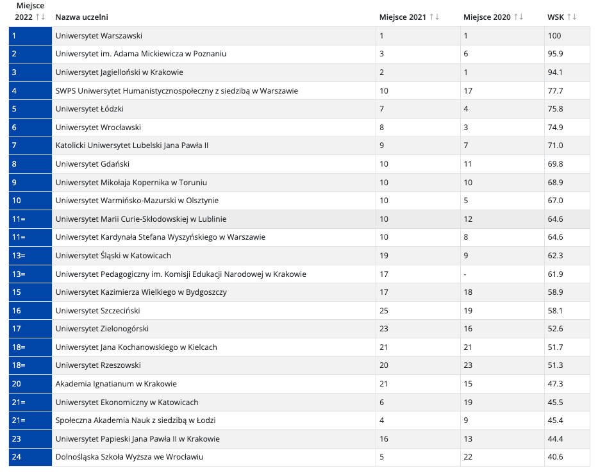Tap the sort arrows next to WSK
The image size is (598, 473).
point(571,17)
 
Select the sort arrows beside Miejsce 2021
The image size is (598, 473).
point(435,17)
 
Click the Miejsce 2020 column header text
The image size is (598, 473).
point(486,17)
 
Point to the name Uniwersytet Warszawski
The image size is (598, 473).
point(99,36)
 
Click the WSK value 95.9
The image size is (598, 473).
point(555,54)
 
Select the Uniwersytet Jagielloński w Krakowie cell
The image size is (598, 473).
point(119,72)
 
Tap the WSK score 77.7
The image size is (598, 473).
point(555,91)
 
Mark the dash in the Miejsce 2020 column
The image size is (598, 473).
point(465,274)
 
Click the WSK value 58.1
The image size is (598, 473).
point(555,311)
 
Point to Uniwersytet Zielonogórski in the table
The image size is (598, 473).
point(102,329)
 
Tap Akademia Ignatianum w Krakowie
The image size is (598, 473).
point(116,384)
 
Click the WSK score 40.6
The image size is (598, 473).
point(555,457)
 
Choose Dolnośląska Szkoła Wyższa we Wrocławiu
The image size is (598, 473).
point(129,457)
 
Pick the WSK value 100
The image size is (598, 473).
point(554,36)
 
